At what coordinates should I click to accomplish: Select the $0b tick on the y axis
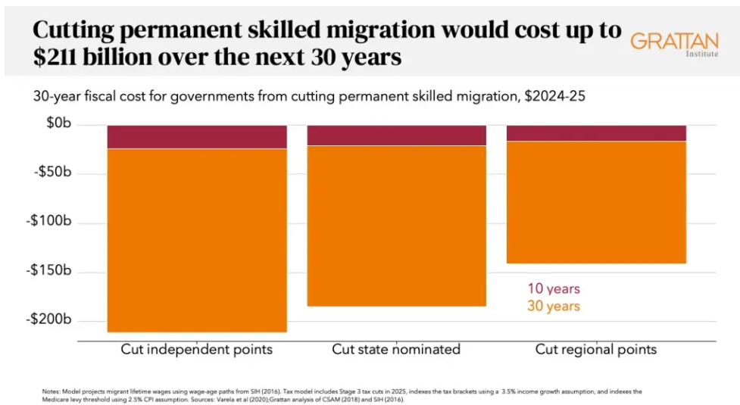tap(58, 123)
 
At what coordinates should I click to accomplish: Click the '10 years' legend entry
tap(554, 289)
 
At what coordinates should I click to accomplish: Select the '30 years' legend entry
tap(554, 307)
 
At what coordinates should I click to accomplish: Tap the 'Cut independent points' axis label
tap(197, 350)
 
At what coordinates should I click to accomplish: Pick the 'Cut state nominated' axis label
tap(396, 350)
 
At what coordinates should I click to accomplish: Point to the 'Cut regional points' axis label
tap(596, 350)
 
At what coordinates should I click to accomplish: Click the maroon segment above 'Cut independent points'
tap(197, 137)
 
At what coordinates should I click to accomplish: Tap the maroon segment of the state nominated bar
tap(396, 136)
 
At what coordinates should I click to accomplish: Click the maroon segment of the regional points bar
tap(596, 133)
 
